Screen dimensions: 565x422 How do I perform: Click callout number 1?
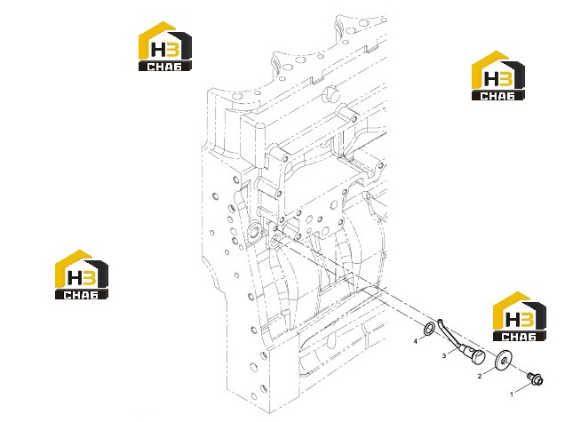(512, 394)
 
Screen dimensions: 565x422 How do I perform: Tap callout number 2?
(480, 376)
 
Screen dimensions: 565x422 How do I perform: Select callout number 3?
(444, 356)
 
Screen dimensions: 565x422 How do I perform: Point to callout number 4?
(416, 341)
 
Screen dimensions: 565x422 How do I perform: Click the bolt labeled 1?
(535, 378)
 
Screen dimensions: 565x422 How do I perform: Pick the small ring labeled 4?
(429, 329)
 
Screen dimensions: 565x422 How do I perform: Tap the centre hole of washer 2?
(504, 360)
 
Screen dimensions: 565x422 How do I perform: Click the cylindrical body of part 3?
(468, 350)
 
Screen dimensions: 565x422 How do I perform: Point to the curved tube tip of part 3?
(440, 320)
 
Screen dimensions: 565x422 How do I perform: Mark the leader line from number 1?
(523, 387)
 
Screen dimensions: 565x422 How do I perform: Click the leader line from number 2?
(489, 370)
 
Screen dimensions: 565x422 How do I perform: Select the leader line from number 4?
(422, 337)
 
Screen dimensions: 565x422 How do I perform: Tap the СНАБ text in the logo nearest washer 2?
(519, 336)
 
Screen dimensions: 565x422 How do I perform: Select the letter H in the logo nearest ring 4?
(512, 320)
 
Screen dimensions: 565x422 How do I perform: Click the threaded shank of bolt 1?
(530, 376)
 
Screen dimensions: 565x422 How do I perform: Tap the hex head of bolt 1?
(538, 380)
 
